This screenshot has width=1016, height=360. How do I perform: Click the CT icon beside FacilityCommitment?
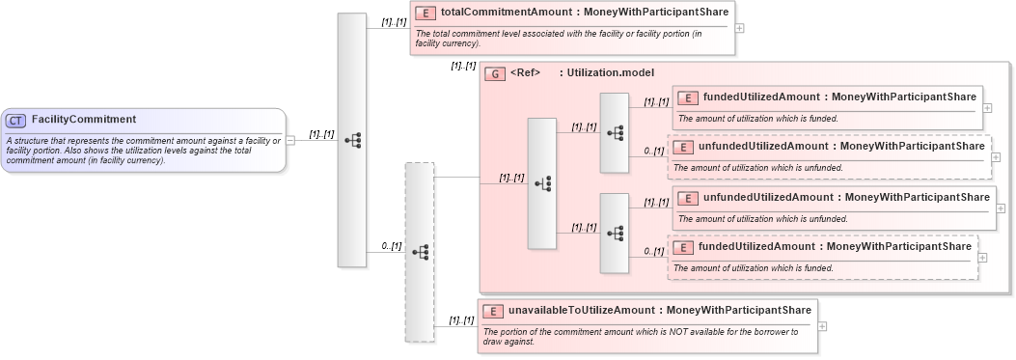15,121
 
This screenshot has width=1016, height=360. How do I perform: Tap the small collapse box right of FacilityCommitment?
290,139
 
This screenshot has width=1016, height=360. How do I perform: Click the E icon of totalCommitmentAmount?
425,14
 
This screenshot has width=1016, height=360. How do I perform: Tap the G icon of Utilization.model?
494,73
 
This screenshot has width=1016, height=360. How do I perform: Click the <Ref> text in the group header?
525,72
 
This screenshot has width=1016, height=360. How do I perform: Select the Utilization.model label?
611,72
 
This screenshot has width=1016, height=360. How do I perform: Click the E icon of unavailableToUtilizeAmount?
492,311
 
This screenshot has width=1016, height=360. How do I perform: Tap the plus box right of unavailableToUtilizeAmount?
822,325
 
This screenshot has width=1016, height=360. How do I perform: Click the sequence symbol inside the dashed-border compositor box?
420,251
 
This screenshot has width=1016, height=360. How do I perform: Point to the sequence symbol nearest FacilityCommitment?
352,139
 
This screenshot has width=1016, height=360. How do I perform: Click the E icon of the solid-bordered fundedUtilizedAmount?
688,97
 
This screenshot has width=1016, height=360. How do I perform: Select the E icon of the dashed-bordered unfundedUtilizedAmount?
682,147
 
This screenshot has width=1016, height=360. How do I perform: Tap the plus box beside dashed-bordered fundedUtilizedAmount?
983,257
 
